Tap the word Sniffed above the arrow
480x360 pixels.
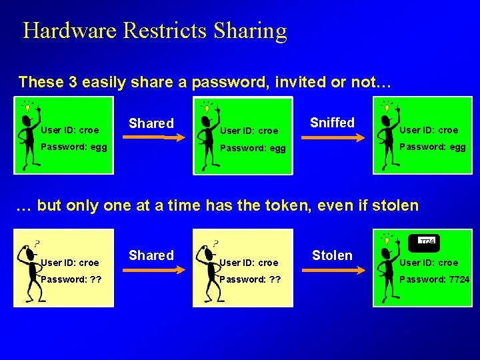pyautogui.click(x=332, y=123)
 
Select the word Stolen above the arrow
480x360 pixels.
pyautogui.click(x=332, y=255)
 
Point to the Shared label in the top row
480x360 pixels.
pyautogui.click(x=151, y=123)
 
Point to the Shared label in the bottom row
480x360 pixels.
pyautogui.click(x=151, y=255)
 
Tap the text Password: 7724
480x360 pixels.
pyautogui.click(x=434, y=279)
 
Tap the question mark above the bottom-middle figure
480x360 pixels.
pyautogui.click(x=215, y=244)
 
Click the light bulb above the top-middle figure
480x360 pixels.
pyautogui.click(x=207, y=108)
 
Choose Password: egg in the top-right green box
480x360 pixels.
pyautogui.click(x=432, y=147)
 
